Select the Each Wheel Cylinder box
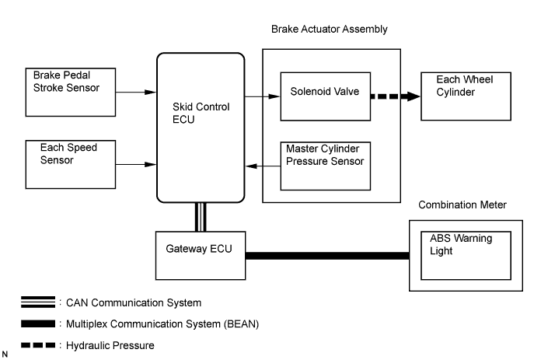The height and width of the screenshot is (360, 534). click(x=458, y=96)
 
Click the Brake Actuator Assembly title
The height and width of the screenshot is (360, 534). click(x=329, y=30)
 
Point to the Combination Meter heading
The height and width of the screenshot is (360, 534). click(x=462, y=204)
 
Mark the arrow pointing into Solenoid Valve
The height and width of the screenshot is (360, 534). click(x=262, y=96)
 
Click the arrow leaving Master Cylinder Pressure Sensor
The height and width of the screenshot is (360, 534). click(x=262, y=166)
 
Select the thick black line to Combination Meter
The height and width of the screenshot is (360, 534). click(x=326, y=255)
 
